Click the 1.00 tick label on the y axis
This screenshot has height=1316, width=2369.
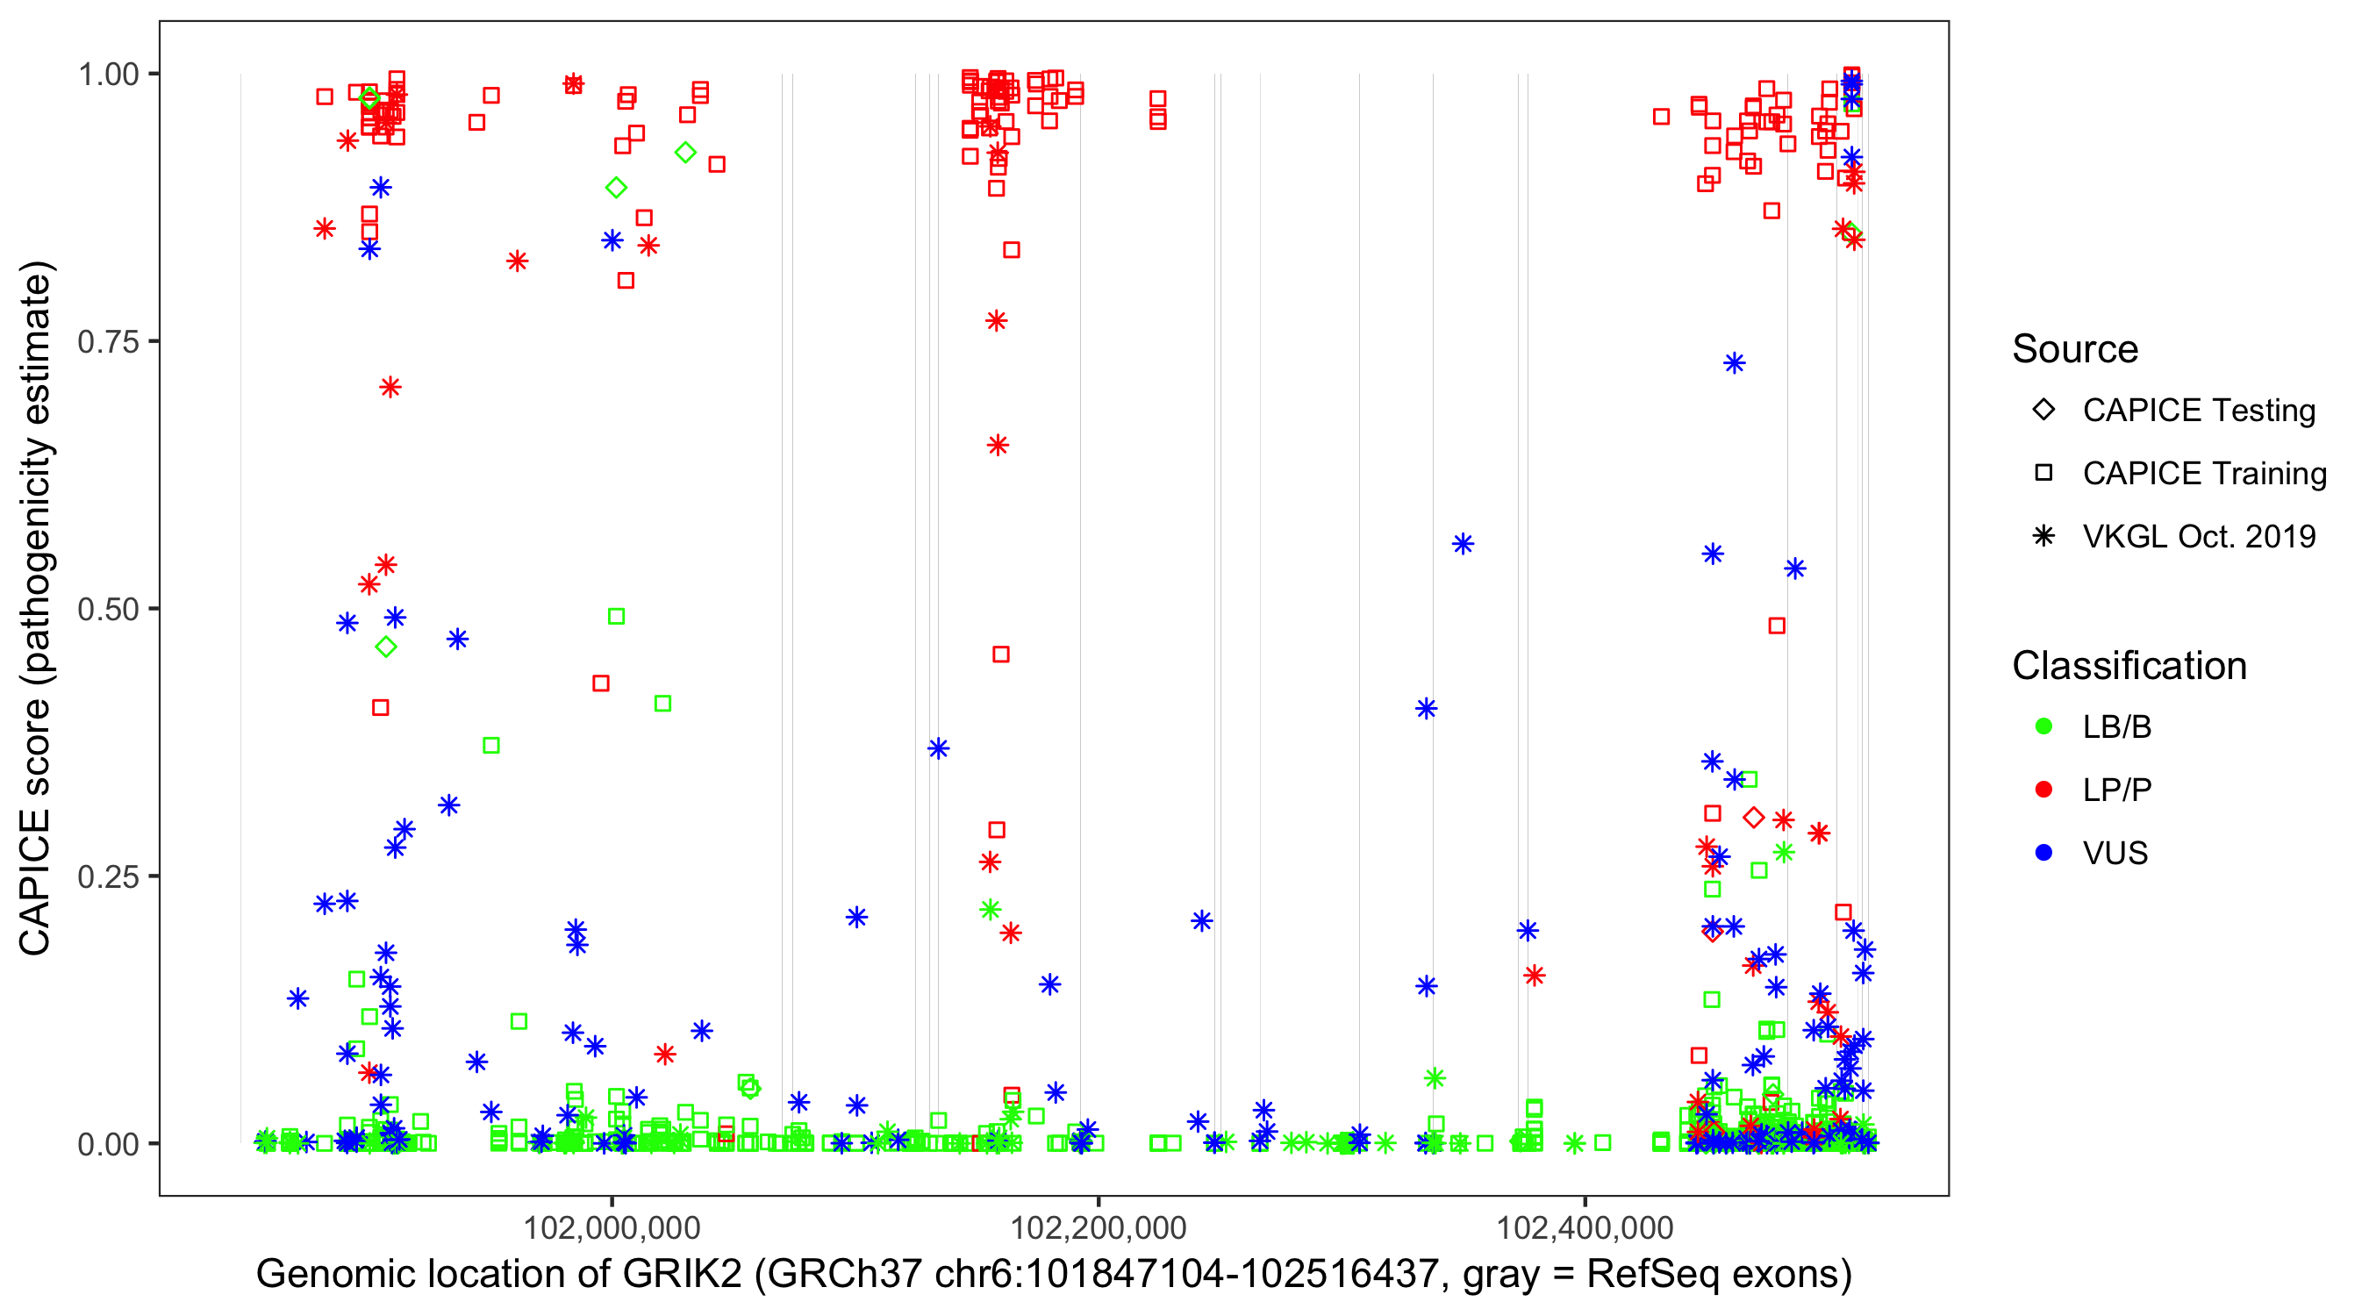[x=108, y=74]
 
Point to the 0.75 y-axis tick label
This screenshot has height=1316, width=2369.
[x=108, y=341]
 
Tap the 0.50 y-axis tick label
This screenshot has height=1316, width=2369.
[x=108, y=609]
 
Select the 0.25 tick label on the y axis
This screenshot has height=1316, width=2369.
[x=108, y=876]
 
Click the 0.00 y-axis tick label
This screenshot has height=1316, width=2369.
[x=108, y=1143]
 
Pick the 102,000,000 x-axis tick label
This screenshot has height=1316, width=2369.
[x=612, y=1227]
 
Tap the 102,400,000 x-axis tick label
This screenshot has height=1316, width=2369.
[x=1585, y=1227]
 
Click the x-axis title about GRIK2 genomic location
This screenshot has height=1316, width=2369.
[x=1054, y=1275]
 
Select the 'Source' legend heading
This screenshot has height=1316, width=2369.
[x=2075, y=349]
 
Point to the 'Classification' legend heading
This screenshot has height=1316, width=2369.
[x=2129, y=666]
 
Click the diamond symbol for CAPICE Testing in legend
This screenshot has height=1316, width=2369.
[x=2044, y=409]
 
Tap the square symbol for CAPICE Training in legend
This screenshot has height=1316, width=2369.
[x=2044, y=473]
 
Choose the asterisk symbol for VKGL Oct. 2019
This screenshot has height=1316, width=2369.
[x=2044, y=536]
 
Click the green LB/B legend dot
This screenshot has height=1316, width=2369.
[x=2044, y=726]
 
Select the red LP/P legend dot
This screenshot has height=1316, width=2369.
[x=2044, y=790]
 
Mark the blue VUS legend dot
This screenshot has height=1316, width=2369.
[x=2044, y=853]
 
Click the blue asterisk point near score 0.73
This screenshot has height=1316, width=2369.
[x=1735, y=363]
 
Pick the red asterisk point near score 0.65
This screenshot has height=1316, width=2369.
[x=998, y=446]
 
